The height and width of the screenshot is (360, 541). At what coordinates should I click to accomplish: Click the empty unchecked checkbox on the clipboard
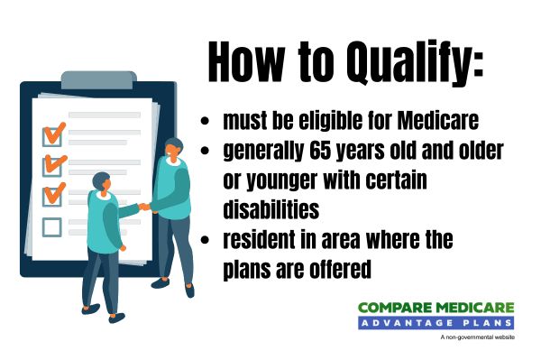coord(52,226)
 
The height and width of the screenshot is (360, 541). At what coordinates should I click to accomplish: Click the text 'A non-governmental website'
coord(478,337)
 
